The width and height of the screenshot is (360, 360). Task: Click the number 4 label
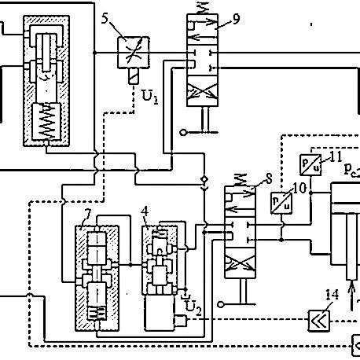[x=145, y=211]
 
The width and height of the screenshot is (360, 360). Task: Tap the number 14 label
[x=332, y=296]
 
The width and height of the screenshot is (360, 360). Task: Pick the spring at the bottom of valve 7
[x=98, y=316]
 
